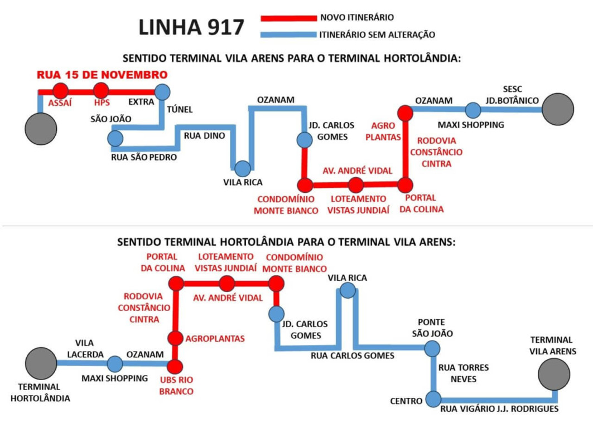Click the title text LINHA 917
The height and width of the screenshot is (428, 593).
191,27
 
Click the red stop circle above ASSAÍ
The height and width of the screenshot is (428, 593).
60,91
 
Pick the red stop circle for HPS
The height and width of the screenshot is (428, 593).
101,91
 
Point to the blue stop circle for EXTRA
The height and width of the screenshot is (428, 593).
162,91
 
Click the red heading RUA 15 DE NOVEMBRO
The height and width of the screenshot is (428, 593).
102,75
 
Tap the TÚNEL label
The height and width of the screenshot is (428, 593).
180,110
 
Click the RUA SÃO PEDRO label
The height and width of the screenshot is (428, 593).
144,157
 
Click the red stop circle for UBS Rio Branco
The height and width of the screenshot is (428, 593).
175,366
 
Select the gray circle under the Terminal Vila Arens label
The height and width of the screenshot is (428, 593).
554,374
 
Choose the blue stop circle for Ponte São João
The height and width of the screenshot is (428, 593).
432,349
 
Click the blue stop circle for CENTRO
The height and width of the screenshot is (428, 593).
433,399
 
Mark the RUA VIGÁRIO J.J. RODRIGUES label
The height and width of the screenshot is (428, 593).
499,410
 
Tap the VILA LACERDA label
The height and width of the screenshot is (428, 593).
85,348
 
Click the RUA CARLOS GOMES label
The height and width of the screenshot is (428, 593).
353,356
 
